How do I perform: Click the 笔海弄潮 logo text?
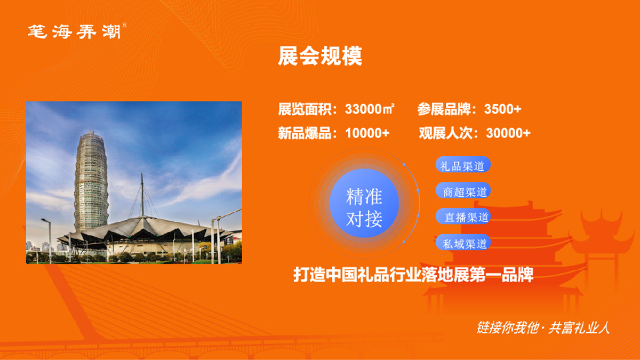click(75, 31)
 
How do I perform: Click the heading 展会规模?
click(320, 56)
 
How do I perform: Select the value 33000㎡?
click(370, 109)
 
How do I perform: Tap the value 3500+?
click(502, 109)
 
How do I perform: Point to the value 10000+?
click(367, 133)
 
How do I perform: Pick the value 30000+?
click(508, 133)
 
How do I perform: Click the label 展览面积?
click(305, 109)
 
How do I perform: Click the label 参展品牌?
click(444, 109)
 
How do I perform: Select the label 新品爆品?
click(305, 133)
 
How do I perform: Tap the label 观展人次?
click(446, 133)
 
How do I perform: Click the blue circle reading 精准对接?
click(364, 203)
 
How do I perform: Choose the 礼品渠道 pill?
click(463, 164)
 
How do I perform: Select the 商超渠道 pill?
click(463, 190)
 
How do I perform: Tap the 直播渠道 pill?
click(463, 217)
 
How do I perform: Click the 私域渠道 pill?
click(463, 242)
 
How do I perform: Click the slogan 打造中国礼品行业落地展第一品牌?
click(413, 275)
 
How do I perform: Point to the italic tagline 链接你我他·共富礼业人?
click(543, 327)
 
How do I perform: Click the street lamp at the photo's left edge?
click(48, 241)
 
